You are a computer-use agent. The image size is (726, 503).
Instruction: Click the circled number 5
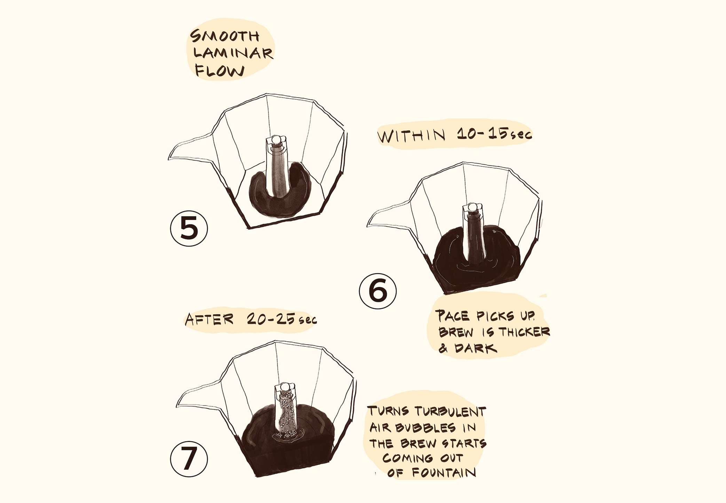189,229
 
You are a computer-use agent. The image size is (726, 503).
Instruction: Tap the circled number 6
378,291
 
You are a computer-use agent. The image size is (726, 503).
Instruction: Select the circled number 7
189,459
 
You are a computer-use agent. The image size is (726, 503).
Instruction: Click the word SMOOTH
225,36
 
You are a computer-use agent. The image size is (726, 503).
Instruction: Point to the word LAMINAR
233,53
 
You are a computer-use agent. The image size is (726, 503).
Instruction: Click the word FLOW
220,71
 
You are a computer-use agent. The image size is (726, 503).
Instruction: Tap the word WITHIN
412,135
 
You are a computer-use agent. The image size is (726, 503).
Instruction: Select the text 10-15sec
495,134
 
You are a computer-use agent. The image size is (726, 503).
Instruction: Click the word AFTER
210,319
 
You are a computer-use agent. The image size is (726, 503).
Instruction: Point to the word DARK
476,348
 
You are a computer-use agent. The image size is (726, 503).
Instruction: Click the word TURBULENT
450,411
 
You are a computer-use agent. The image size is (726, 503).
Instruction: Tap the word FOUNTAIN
444,472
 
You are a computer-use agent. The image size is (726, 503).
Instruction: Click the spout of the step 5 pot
190,148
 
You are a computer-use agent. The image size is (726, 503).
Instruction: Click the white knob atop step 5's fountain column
276,139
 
